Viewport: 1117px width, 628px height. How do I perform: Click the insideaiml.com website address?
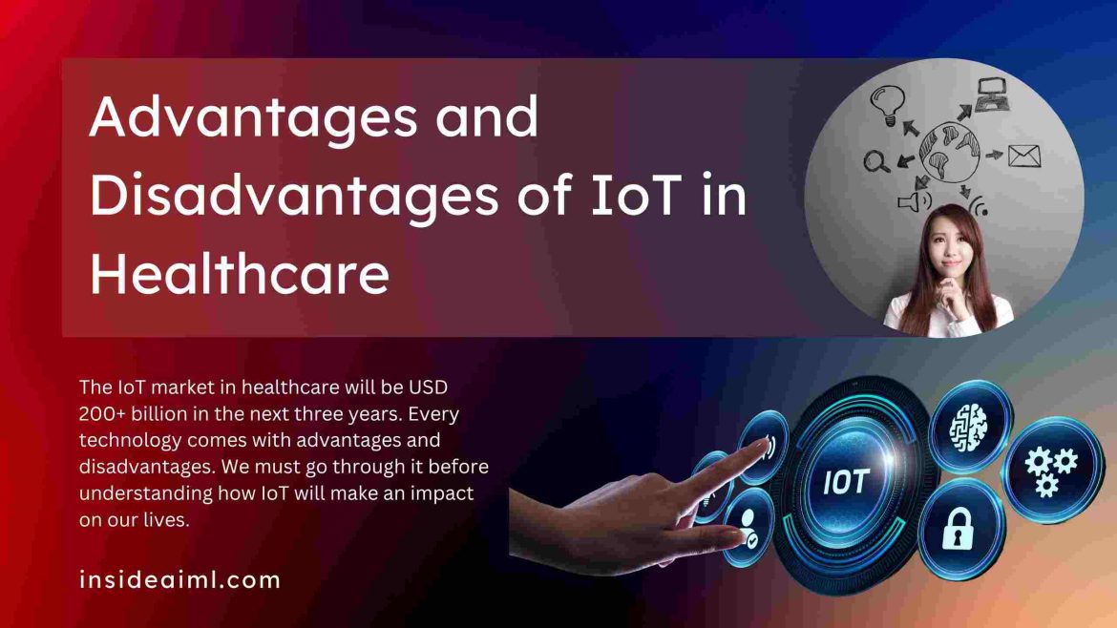click(x=179, y=578)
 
